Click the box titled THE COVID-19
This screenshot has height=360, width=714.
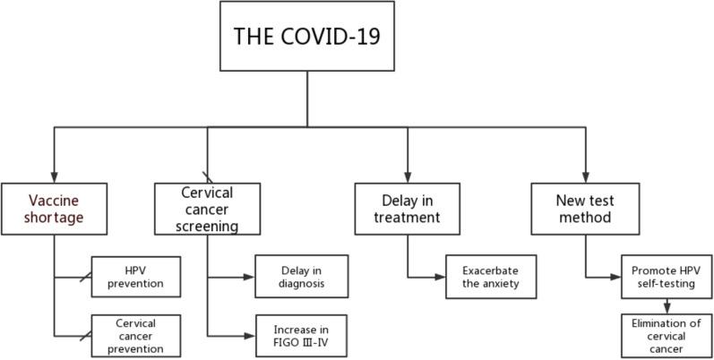pos(307,37)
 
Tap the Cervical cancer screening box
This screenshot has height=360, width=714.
pos(207,210)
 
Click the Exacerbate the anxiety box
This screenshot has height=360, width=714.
pos(490,278)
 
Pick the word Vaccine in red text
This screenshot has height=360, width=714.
pos(40,201)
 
